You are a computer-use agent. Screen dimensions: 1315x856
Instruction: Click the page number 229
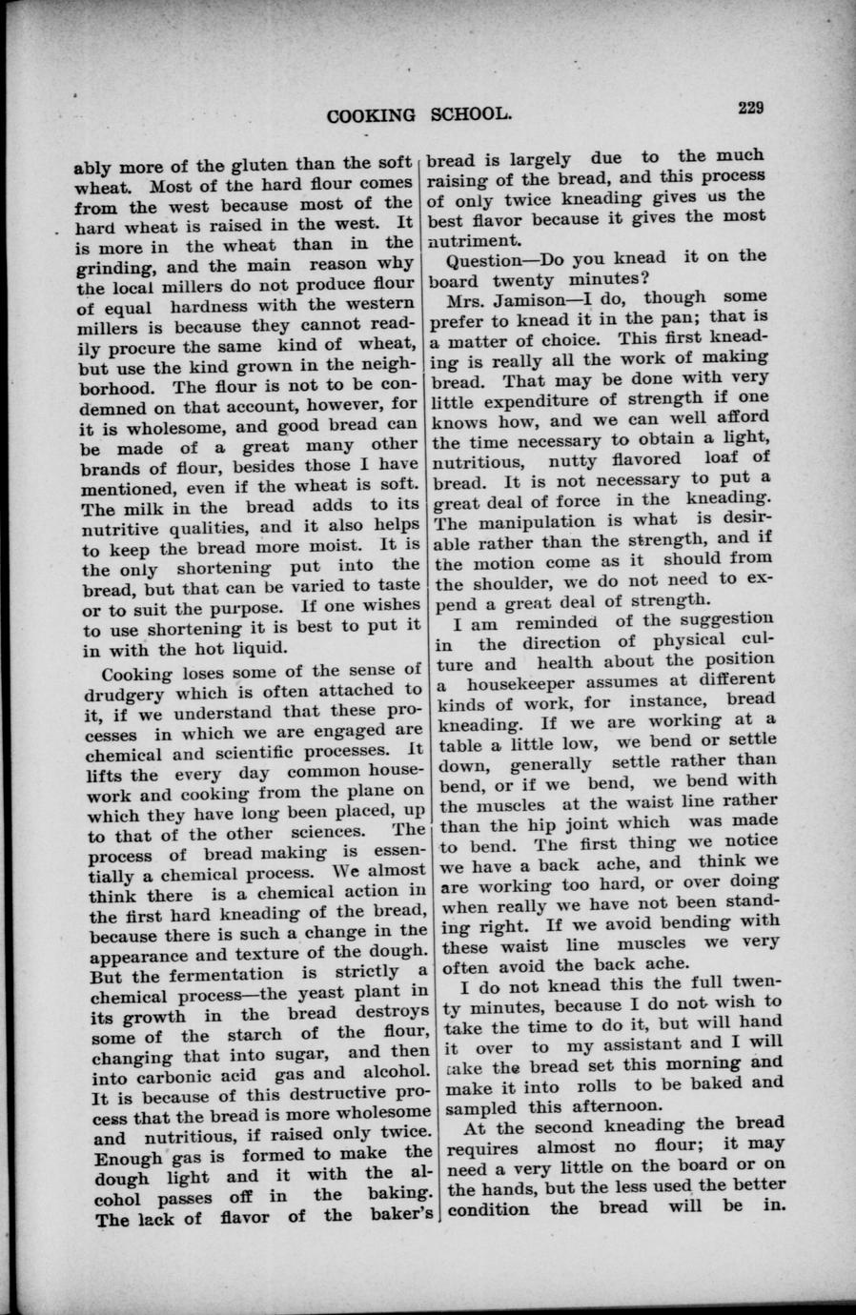click(x=750, y=108)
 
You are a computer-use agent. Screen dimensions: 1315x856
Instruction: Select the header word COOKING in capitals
click(x=371, y=116)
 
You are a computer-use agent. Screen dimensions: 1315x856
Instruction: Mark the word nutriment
click(x=474, y=238)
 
